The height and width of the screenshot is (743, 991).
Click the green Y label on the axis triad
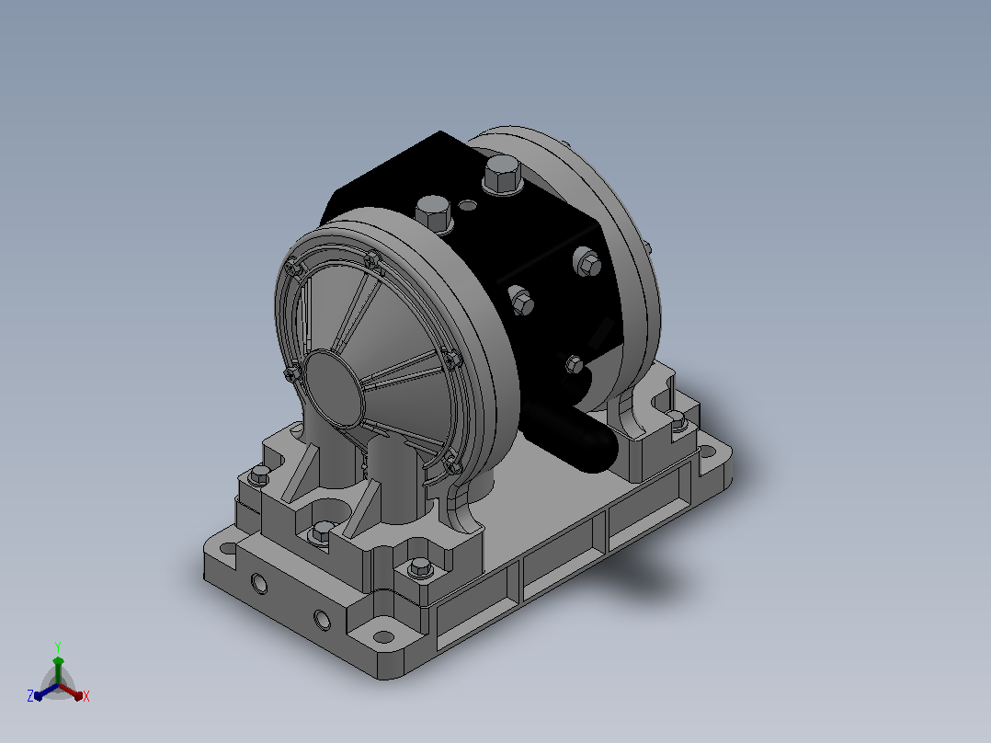(58, 646)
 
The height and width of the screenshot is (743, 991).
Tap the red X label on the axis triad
(86, 696)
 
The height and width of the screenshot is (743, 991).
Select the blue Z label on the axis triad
(30, 696)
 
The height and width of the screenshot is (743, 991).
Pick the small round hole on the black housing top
(468, 205)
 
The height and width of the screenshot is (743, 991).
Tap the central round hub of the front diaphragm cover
(333, 390)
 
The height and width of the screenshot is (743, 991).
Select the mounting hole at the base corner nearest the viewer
(382, 636)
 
